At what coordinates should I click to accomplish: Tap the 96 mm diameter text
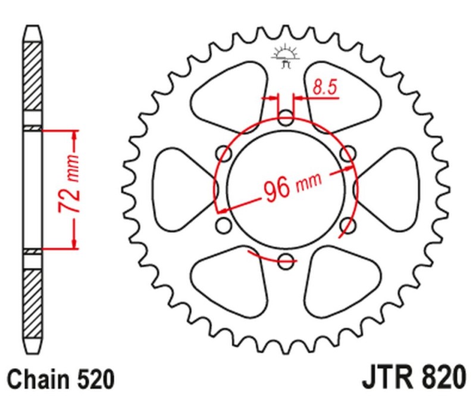click(292, 187)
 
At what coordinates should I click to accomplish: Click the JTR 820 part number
click(413, 378)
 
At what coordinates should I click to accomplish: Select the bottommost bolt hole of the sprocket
click(286, 259)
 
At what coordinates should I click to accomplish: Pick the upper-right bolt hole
click(347, 153)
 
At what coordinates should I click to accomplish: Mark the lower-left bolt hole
click(224, 224)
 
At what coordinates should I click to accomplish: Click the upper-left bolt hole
click(225, 153)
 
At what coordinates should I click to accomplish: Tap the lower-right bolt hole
click(347, 224)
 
